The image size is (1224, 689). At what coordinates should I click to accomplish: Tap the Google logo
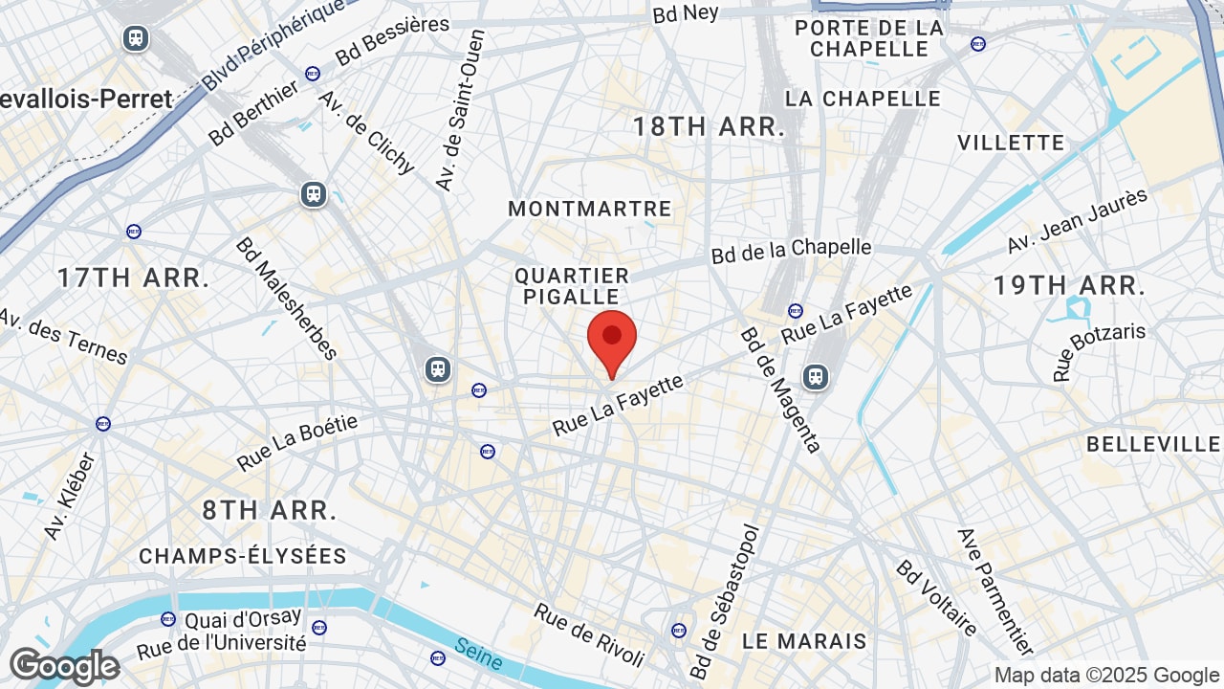point(64,666)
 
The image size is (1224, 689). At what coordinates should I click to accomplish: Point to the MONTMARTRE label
point(590,209)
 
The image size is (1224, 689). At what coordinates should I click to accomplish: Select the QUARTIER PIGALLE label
point(572,286)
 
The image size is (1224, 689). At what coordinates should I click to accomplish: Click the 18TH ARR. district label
point(709,126)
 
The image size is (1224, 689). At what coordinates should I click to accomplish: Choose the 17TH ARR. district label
point(133,278)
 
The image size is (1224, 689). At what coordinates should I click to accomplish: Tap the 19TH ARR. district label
point(1069,285)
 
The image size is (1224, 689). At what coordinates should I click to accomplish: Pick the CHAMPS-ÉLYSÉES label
point(243,556)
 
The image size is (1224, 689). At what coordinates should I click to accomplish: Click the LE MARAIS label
point(804,641)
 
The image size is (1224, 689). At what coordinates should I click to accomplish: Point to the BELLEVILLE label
point(1154,444)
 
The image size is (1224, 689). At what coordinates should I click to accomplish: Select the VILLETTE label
point(1011,143)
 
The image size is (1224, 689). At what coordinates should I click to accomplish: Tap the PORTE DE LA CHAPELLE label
point(868,38)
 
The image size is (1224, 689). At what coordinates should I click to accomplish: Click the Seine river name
point(478,656)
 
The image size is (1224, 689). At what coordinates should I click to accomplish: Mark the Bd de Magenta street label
point(780,389)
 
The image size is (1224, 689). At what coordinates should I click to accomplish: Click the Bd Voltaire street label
point(936,598)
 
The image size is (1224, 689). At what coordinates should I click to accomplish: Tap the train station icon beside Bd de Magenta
point(816,376)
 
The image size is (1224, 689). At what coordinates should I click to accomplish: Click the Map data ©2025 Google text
point(1106,675)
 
